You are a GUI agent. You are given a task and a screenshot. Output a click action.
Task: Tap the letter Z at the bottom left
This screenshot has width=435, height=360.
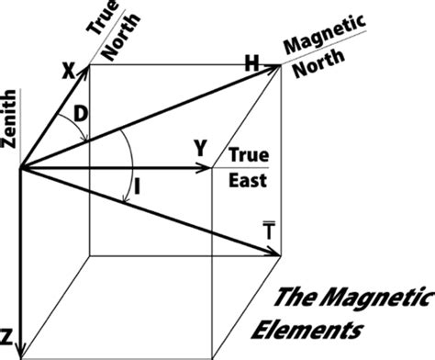click(x=7, y=333)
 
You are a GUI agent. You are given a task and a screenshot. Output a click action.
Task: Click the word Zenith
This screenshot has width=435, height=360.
click(x=11, y=129)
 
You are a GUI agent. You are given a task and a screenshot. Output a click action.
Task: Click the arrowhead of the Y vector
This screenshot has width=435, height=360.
click(x=206, y=168)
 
